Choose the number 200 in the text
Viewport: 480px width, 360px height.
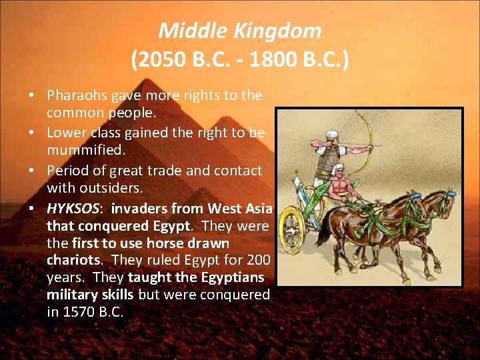(x=256, y=259)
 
